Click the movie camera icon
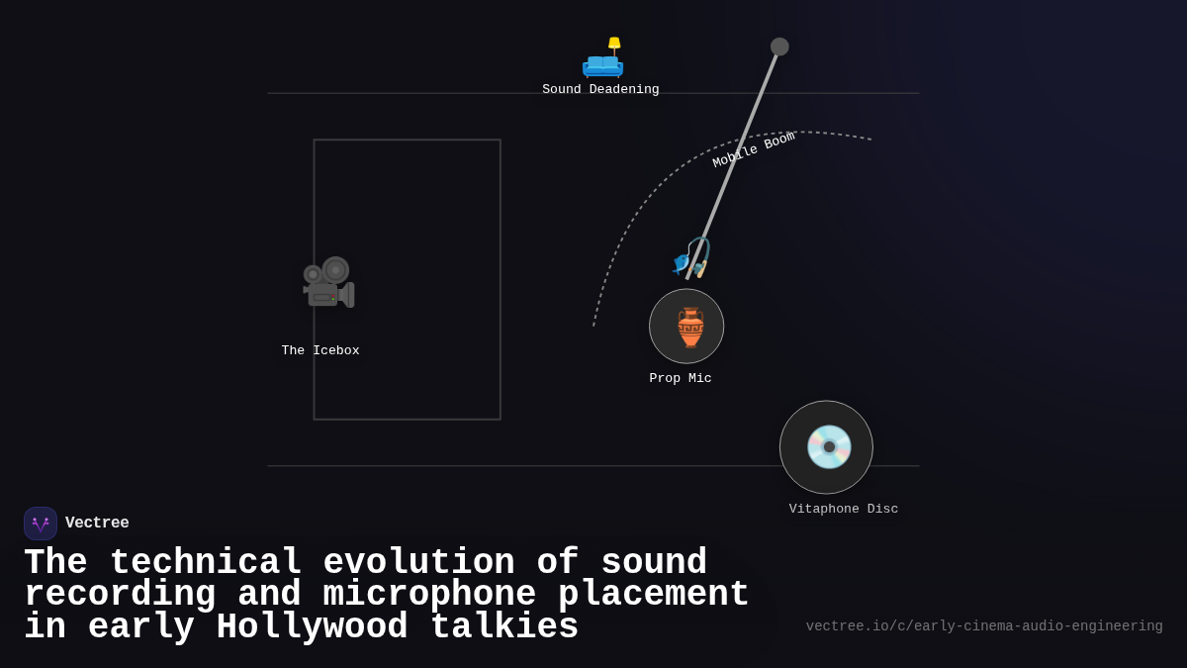328,283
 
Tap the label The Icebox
320,350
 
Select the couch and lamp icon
602,59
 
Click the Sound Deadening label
600,90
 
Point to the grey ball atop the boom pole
779,47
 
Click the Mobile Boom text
754,149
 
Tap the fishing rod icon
691,257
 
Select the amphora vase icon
689,328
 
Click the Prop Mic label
681,378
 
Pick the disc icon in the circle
828,447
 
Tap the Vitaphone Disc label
844,509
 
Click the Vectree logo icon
41,524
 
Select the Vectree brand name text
97,523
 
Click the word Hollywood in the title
312,627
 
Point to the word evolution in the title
418,562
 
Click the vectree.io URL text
984,626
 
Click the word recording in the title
120,595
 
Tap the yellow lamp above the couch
614,43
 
